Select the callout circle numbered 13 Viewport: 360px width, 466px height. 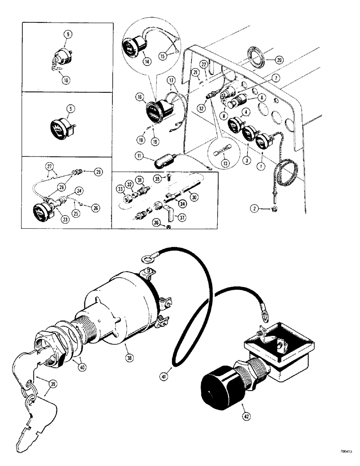pos(215,163)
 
